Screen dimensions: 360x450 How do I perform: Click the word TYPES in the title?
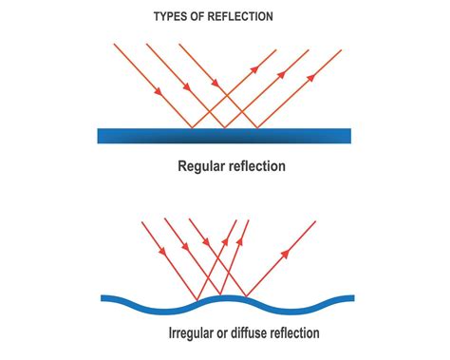[x=171, y=17]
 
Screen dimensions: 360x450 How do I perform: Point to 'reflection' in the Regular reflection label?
[x=255, y=167]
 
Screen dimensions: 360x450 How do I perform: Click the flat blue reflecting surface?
[x=224, y=136]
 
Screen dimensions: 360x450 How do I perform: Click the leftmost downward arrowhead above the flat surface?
[x=155, y=89]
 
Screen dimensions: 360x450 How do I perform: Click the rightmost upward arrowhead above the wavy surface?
[x=283, y=255]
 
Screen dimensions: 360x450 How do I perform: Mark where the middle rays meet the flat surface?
[x=224, y=128]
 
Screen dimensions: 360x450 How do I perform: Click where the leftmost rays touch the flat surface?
[x=193, y=128]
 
